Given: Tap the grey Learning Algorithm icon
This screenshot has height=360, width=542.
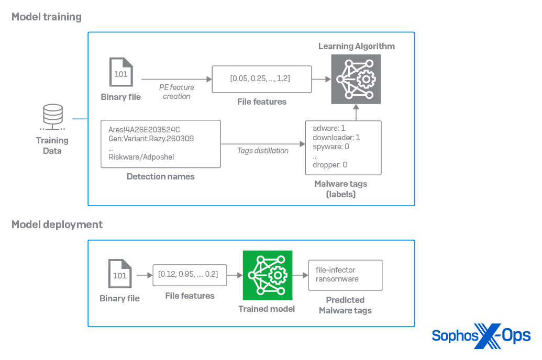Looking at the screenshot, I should [x=356, y=78].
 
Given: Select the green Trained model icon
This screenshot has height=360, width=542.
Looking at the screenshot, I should [x=267, y=275].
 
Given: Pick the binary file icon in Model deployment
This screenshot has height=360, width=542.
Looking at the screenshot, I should [x=119, y=274].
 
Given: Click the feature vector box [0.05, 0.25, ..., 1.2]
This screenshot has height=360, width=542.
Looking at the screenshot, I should [x=261, y=78].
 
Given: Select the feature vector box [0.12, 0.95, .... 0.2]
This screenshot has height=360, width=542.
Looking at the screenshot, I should [x=190, y=275].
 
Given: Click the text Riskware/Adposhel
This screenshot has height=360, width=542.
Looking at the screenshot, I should [x=141, y=156].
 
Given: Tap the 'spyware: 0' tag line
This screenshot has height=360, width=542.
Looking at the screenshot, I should [x=331, y=147].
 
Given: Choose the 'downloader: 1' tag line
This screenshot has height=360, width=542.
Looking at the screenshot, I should [x=336, y=138].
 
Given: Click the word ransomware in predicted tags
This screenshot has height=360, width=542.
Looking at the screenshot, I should [x=337, y=279].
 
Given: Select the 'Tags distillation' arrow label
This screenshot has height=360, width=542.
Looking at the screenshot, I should [x=263, y=151].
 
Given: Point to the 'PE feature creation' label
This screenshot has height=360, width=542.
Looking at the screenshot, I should [x=176, y=92].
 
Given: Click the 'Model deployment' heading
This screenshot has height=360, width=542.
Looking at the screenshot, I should [x=57, y=224].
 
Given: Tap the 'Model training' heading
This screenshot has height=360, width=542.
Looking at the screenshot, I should [x=47, y=17].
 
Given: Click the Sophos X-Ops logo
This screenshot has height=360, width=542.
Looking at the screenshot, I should [x=481, y=335].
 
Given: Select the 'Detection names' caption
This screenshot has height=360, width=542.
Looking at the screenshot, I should [x=160, y=177].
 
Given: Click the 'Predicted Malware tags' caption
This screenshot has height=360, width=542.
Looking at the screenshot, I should [x=345, y=305].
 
